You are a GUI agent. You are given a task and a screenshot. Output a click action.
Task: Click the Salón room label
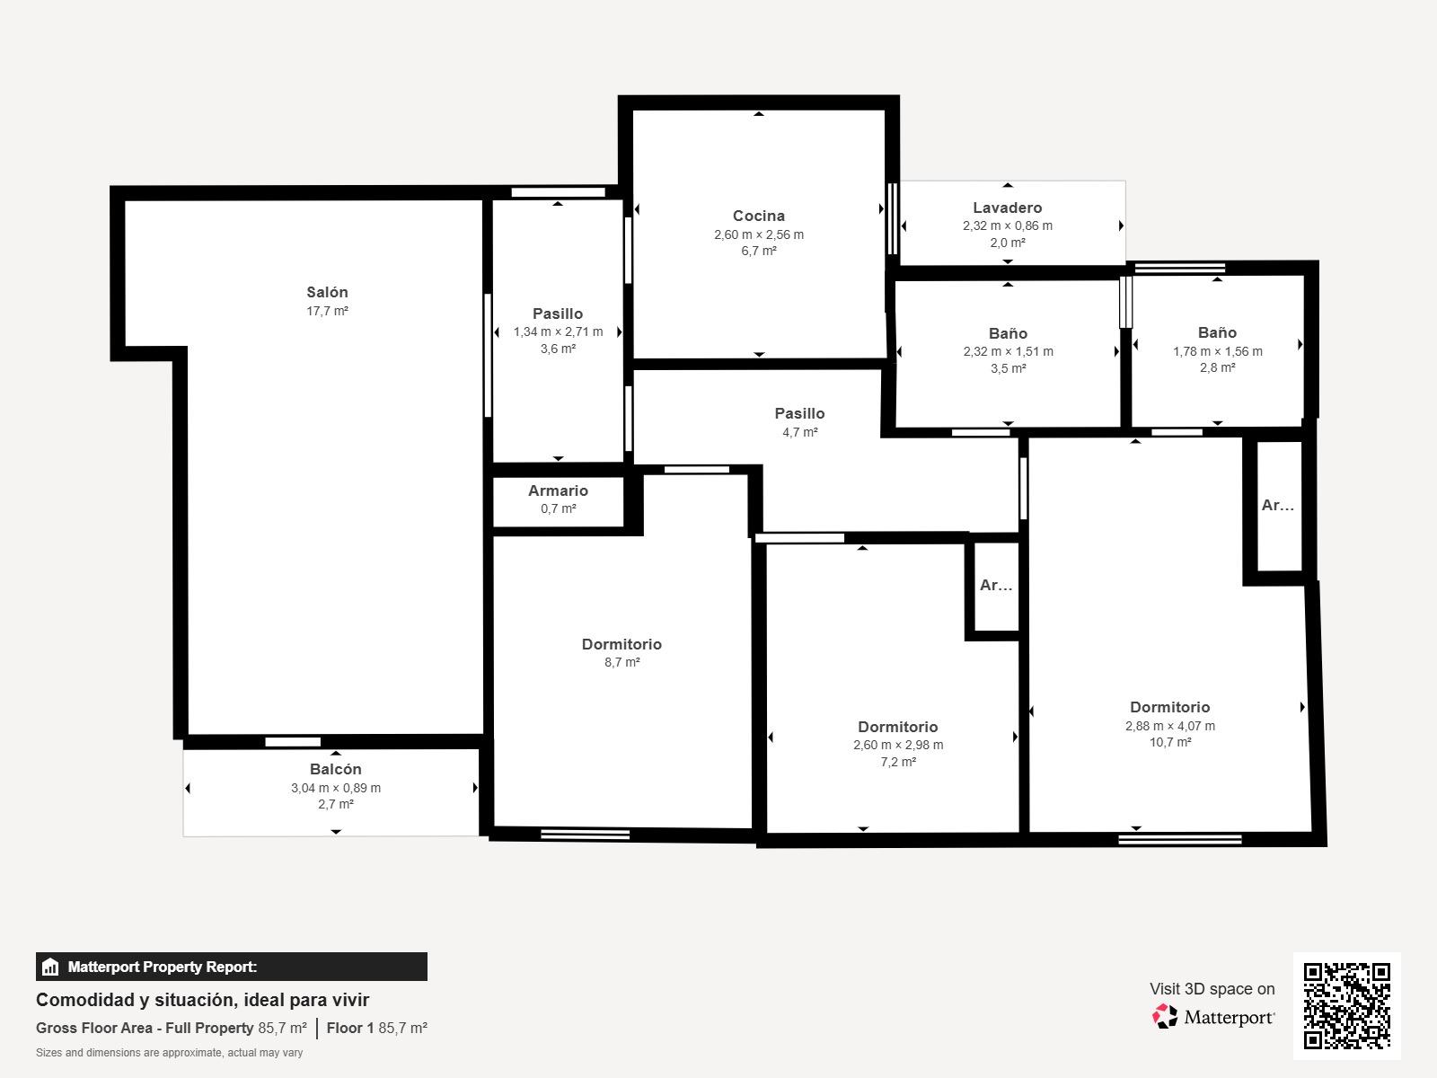[x=327, y=292]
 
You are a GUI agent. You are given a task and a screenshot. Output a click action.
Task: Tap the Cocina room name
[x=759, y=216]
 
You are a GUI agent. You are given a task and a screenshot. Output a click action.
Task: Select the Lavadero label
[x=1008, y=208]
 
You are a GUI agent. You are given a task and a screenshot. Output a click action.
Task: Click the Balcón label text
[x=336, y=769]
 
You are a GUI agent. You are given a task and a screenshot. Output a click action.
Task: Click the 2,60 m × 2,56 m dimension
[x=759, y=234]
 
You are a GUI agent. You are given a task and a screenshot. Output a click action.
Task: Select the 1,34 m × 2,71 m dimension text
[x=559, y=331]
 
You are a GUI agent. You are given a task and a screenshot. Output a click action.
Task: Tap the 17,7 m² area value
[x=327, y=311]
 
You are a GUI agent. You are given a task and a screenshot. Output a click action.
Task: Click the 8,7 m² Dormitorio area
[x=622, y=662]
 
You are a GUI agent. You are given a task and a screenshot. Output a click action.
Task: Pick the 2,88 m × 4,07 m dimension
[x=1170, y=726]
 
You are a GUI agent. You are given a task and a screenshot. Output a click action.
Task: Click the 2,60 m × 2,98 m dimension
[x=898, y=745]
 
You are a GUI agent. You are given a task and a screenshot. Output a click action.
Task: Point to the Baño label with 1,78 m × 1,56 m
[x=1218, y=332]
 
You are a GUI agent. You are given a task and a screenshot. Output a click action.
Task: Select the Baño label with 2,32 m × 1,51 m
[x=1009, y=333]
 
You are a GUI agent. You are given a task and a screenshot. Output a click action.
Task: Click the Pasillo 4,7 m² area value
[x=800, y=432]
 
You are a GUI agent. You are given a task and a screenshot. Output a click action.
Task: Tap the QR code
[x=1346, y=1006]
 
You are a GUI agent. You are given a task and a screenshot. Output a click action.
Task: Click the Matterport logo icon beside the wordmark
[x=1165, y=1017]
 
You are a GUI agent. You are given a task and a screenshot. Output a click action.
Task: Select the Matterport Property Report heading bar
[x=231, y=967]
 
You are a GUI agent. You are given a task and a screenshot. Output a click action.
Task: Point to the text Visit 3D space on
[x=1212, y=989]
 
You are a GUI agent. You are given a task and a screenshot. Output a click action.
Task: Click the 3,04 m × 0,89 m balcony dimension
[x=336, y=788]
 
